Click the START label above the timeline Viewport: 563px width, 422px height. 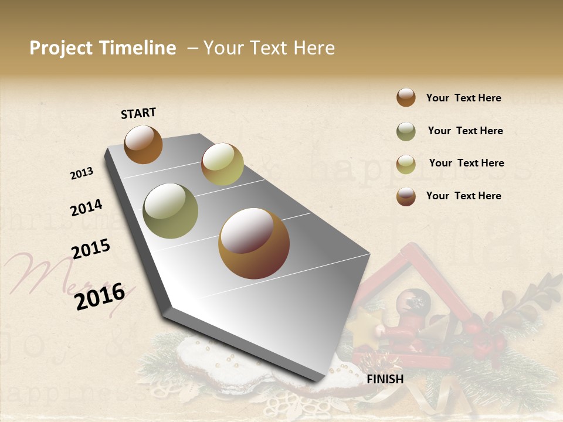[x=138, y=113]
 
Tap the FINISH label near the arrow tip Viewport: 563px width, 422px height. [x=385, y=379]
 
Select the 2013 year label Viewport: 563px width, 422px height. [x=82, y=173]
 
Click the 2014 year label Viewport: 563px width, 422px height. [x=86, y=207]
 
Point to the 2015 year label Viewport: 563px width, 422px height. [x=91, y=249]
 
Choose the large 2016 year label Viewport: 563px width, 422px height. [x=100, y=296]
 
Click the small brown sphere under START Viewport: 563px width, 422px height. [x=143, y=144]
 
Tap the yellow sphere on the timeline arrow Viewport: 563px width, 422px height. [x=222, y=164]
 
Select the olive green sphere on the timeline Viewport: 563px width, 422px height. [x=170, y=211]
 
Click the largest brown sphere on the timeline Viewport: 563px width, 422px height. [x=254, y=243]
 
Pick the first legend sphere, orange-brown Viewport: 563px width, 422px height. [x=406, y=97]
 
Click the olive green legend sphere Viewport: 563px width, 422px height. [x=406, y=131]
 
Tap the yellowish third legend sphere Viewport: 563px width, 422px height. [x=406, y=164]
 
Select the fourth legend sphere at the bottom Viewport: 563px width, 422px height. [x=406, y=196]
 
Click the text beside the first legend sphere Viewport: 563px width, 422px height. [x=463, y=98]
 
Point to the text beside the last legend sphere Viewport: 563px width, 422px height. [x=463, y=196]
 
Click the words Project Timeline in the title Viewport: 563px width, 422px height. [x=103, y=48]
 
